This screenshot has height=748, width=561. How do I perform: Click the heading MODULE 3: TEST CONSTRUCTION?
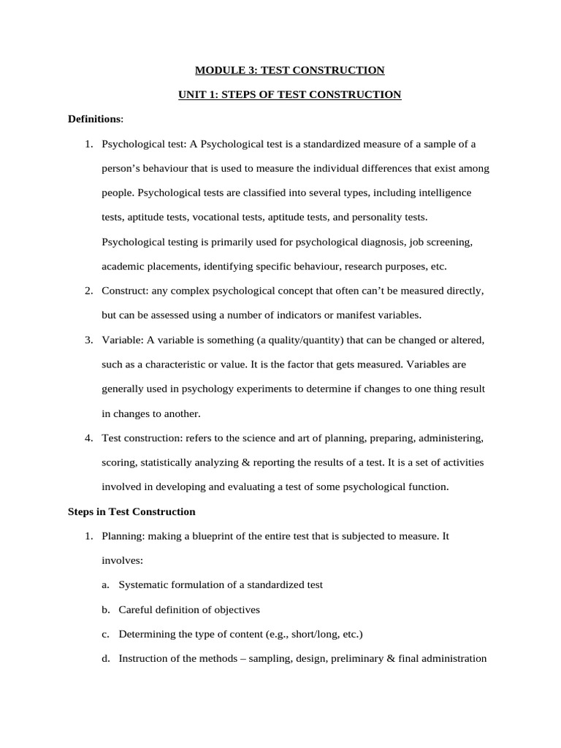coord(289,70)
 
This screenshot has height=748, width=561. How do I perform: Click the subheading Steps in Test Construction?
coord(131,511)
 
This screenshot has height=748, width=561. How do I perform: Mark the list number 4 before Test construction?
coord(88,438)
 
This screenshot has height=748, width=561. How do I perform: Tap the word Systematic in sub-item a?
coord(145,584)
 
